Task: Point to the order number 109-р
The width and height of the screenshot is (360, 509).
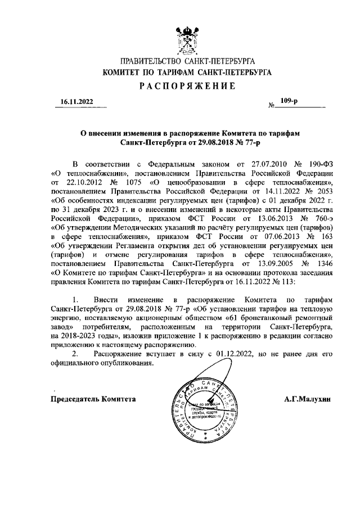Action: pyautogui.click(x=296, y=101)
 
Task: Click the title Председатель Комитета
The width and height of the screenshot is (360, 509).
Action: pyautogui.click(x=93, y=399)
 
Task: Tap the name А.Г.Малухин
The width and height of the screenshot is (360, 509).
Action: pyautogui.click(x=309, y=399)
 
